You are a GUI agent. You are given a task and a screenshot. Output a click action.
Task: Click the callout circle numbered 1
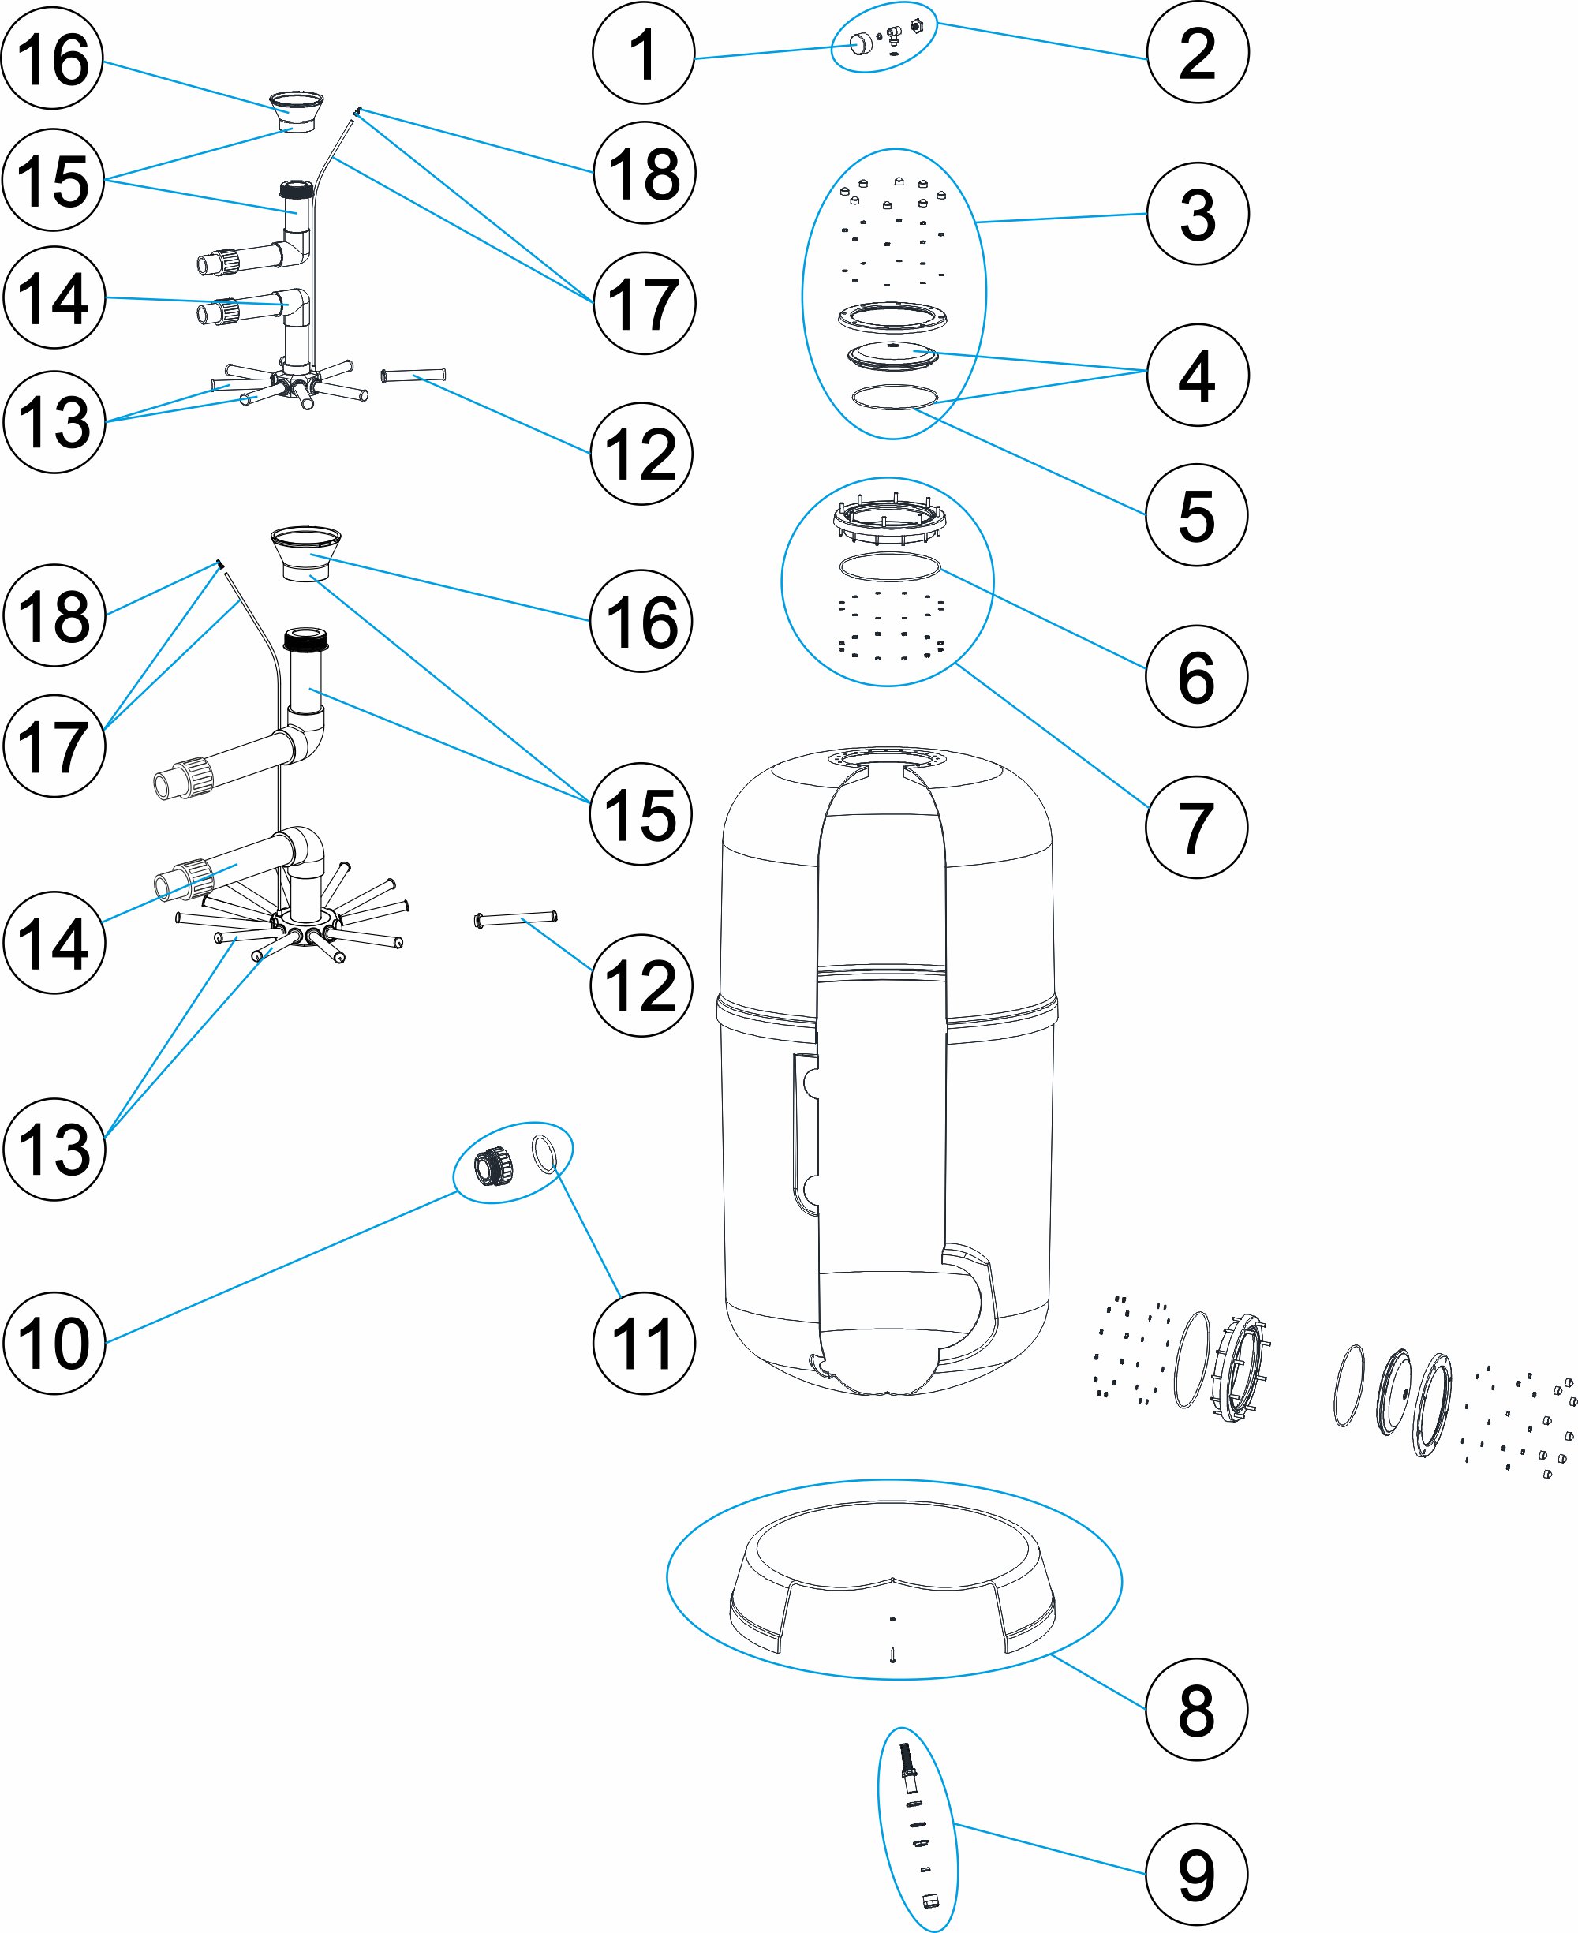tap(643, 54)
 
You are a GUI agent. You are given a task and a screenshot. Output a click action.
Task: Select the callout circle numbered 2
tap(1197, 54)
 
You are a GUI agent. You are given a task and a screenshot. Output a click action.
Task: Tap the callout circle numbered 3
tap(1197, 215)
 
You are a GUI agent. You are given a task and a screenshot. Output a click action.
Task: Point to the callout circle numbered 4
tap(1197, 376)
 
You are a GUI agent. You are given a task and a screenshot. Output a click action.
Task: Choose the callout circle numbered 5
tap(1196, 515)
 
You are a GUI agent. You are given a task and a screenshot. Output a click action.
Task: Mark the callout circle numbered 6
tap(1196, 676)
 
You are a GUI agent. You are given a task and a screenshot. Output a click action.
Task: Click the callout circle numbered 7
tap(1196, 827)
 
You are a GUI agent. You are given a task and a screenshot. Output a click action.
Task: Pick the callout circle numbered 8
tap(1196, 1710)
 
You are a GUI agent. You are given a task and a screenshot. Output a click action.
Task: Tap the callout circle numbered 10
tap(54, 1343)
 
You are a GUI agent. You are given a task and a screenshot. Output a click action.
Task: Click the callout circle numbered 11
tap(643, 1343)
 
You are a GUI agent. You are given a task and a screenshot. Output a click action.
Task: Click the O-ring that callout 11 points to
tap(544, 1153)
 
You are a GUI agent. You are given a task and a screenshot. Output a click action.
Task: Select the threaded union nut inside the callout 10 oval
tap(494, 1165)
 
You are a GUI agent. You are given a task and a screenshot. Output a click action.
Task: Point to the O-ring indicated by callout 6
tap(889, 567)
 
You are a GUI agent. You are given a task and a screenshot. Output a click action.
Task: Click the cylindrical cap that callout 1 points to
tap(860, 43)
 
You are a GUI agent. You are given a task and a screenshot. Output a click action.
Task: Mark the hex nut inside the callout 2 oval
tap(916, 26)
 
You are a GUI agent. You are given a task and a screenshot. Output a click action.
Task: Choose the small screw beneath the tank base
tap(893, 1655)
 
